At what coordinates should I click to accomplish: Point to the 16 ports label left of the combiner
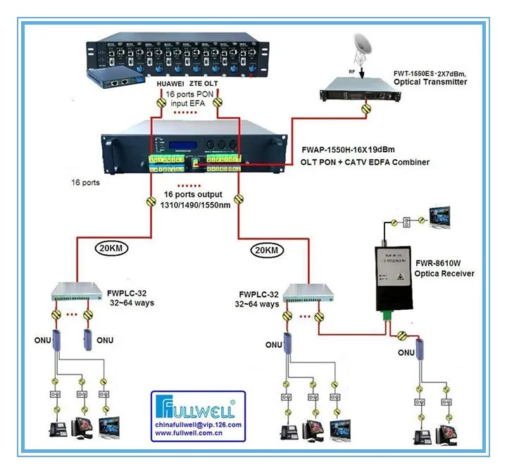[86, 182]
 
